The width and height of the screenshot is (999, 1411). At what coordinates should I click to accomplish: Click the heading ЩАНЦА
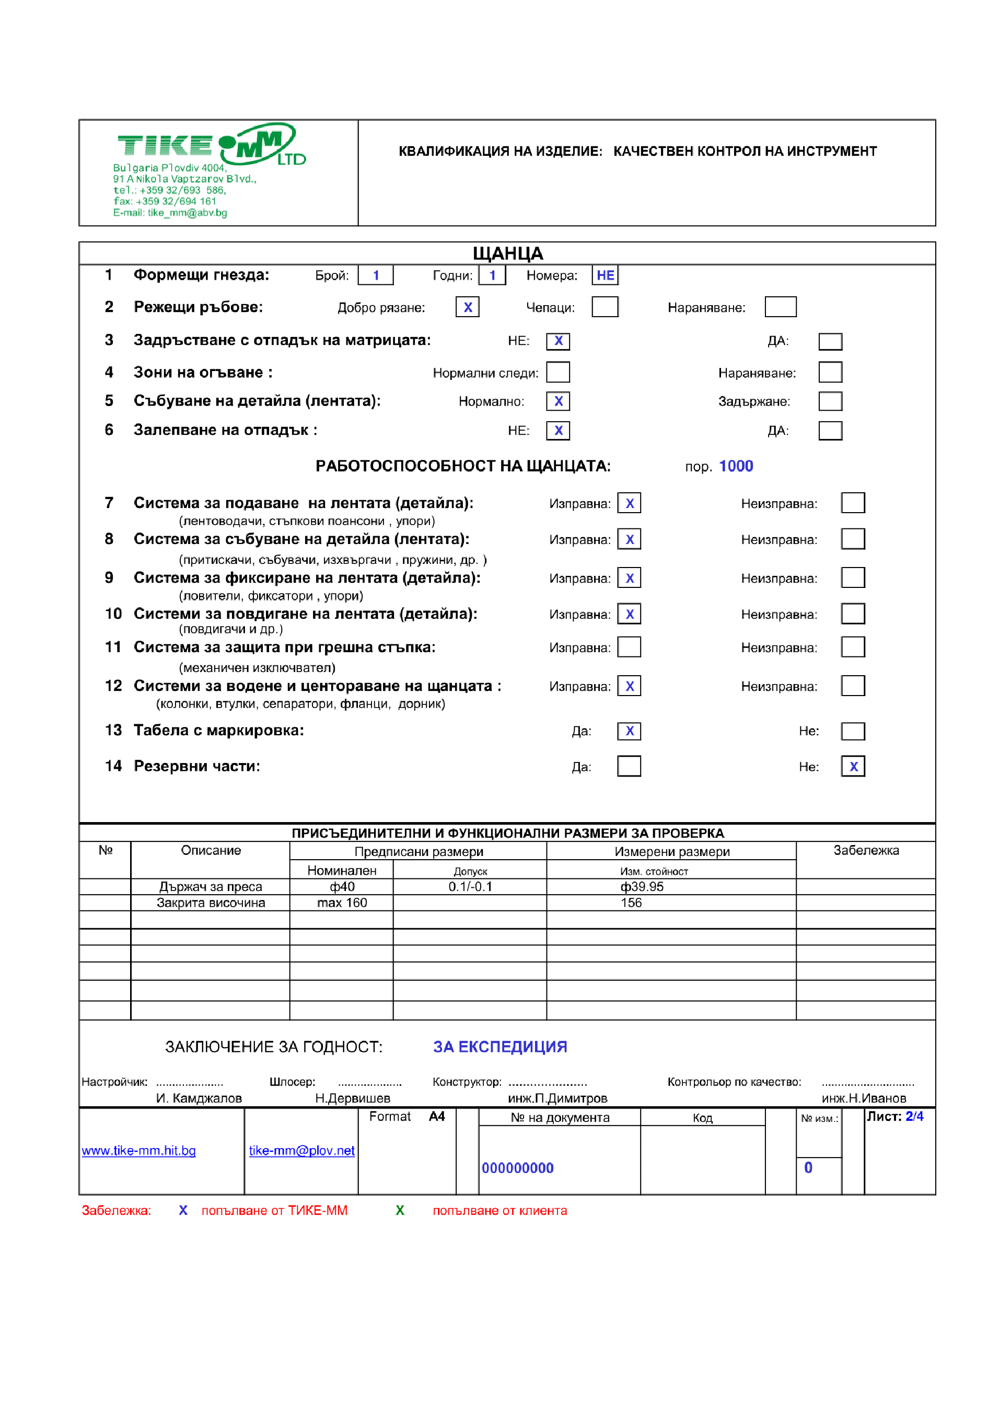point(507,253)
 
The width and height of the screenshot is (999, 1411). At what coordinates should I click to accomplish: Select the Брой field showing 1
point(375,275)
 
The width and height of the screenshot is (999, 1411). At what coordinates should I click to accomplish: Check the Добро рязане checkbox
point(468,307)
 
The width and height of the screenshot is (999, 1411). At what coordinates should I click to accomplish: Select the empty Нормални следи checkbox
point(558,372)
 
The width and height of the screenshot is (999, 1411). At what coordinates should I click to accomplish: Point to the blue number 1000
point(736,466)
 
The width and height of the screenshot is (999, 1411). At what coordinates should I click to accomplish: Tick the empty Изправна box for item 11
point(629,647)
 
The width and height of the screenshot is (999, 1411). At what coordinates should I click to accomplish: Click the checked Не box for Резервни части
point(853,767)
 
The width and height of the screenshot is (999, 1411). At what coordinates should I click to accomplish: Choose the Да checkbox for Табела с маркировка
point(629,731)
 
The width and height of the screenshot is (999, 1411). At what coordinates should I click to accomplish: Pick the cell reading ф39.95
point(642,886)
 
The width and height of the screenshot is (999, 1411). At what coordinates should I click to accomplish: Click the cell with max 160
point(342,903)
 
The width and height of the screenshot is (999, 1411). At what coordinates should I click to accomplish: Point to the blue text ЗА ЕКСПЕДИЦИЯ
point(500,1047)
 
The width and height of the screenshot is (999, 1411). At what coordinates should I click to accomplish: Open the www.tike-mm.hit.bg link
point(139,1151)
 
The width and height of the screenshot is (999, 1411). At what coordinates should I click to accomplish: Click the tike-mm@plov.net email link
point(301,1151)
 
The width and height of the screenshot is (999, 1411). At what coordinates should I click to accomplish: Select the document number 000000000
point(517,1168)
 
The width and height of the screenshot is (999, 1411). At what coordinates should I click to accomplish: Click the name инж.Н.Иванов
point(864,1098)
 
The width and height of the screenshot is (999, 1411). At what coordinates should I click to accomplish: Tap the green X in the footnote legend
point(400,1210)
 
